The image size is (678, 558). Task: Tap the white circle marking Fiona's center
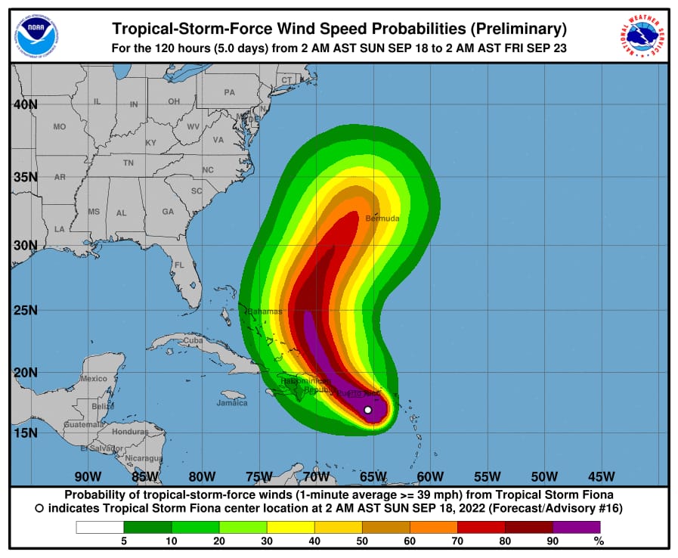(x=368, y=410)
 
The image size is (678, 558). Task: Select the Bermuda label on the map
(x=382, y=219)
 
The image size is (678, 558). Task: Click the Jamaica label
(x=231, y=402)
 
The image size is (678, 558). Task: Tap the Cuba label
(x=193, y=341)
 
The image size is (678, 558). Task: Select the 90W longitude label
(x=88, y=476)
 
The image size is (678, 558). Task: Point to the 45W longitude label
(x=601, y=476)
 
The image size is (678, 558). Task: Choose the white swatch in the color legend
(x=100, y=527)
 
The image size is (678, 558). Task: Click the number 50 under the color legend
(x=362, y=541)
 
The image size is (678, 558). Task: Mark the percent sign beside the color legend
(x=599, y=541)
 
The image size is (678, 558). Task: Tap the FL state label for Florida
(x=179, y=265)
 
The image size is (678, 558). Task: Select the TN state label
(x=128, y=163)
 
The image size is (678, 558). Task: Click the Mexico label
(x=94, y=378)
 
